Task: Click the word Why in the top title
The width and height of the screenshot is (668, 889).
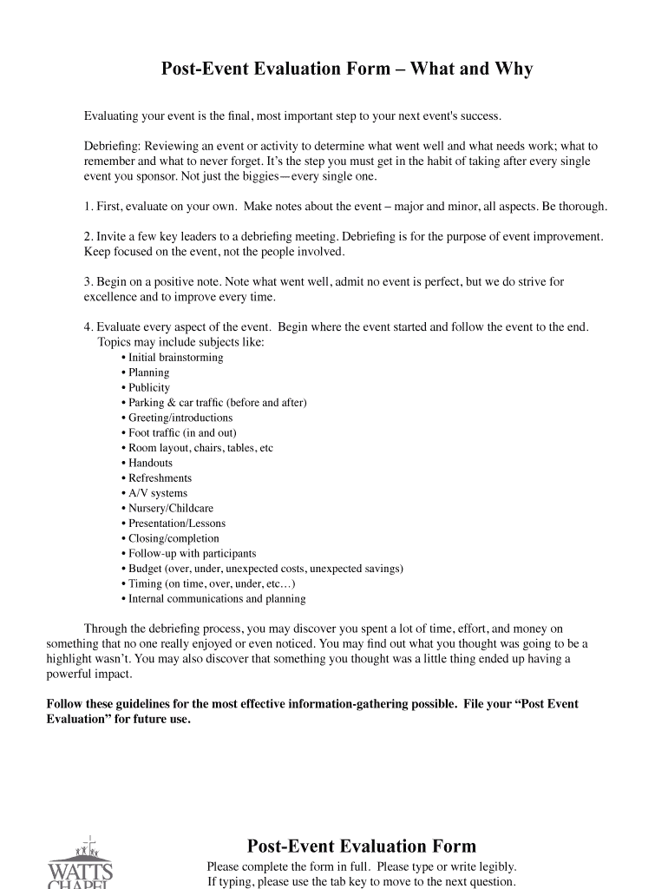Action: (x=513, y=69)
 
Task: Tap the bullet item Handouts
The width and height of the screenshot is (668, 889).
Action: (x=150, y=463)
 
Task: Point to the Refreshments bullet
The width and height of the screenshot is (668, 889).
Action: (x=160, y=478)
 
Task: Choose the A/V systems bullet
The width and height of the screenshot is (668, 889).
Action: (x=157, y=493)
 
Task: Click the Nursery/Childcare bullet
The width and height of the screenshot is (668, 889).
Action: (x=170, y=508)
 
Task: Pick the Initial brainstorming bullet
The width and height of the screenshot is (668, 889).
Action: (x=175, y=358)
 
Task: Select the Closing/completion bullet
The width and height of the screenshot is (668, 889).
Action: (x=174, y=538)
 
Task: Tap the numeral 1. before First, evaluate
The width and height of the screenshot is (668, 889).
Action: (x=88, y=207)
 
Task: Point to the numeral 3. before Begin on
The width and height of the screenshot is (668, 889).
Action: (x=88, y=282)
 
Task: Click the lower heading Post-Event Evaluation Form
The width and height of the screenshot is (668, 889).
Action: (x=362, y=846)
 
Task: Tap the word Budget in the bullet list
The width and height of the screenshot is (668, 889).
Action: (x=145, y=569)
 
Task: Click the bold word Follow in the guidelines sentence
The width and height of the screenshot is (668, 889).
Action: (x=64, y=704)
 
